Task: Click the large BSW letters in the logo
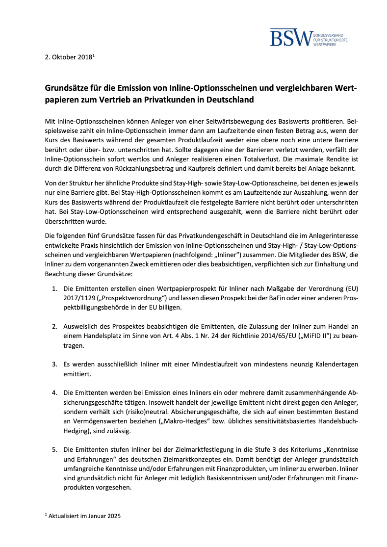pyautogui.click(x=291, y=38)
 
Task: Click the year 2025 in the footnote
pyautogui.click(x=113, y=516)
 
